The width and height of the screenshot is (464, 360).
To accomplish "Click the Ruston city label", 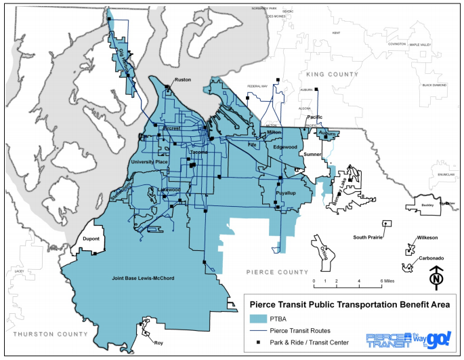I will click(x=184, y=80).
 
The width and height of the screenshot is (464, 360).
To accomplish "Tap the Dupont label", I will click(x=91, y=239).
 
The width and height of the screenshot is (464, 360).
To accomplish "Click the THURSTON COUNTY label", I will click(x=44, y=334).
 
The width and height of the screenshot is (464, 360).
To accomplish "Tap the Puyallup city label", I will click(x=285, y=193).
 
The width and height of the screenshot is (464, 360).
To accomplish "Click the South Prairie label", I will click(x=369, y=237).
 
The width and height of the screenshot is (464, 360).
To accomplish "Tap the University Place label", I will click(x=148, y=162).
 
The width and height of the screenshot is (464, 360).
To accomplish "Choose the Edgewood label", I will click(x=285, y=146).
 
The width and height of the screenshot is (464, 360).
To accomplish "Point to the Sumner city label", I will click(x=313, y=155).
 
